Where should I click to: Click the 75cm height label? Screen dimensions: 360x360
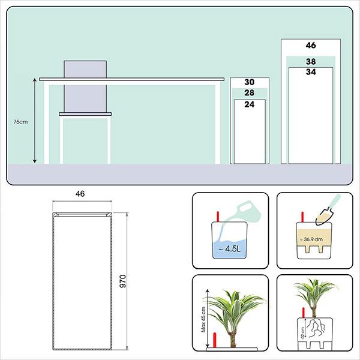pyautogui.click(x=20, y=122)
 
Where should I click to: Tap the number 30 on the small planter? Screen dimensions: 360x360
pyautogui.click(x=250, y=82)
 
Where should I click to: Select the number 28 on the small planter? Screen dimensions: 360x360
pyautogui.click(x=250, y=93)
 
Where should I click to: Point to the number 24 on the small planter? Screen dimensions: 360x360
pyautogui.click(x=250, y=104)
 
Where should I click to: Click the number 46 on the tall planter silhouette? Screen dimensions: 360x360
pyautogui.click(x=311, y=45)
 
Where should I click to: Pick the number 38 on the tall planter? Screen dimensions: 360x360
pyautogui.click(x=311, y=62)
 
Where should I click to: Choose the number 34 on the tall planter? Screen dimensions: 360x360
pyautogui.click(x=311, y=72)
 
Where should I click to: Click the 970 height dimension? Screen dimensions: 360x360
pyautogui.click(x=123, y=281)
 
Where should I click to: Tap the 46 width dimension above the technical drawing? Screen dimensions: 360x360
pyautogui.click(x=80, y=194)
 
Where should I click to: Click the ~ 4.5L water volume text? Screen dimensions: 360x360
pyautogui.click(x=229, y=249)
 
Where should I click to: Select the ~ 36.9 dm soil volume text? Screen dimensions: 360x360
pyautogui.click(x=311, y=239)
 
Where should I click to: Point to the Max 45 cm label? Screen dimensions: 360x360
pyautogui.click(x=203, y=319)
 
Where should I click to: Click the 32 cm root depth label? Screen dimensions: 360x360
pyautogui.click(x=303, y=333)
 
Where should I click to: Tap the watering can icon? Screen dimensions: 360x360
pyautogui.click(x=245, y=211)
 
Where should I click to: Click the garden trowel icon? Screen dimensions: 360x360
pyautogui.click(x=328, y=209)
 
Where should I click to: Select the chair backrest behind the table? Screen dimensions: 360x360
pyautogui.click(x=85, y=86)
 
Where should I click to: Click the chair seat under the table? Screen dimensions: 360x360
pyautogui.click(x=85, y=114)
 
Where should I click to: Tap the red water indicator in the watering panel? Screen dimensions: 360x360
pyautogui.click(x=218, y=217)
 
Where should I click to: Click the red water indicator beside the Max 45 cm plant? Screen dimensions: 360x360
pyautogui.click(x=215, y=340)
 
